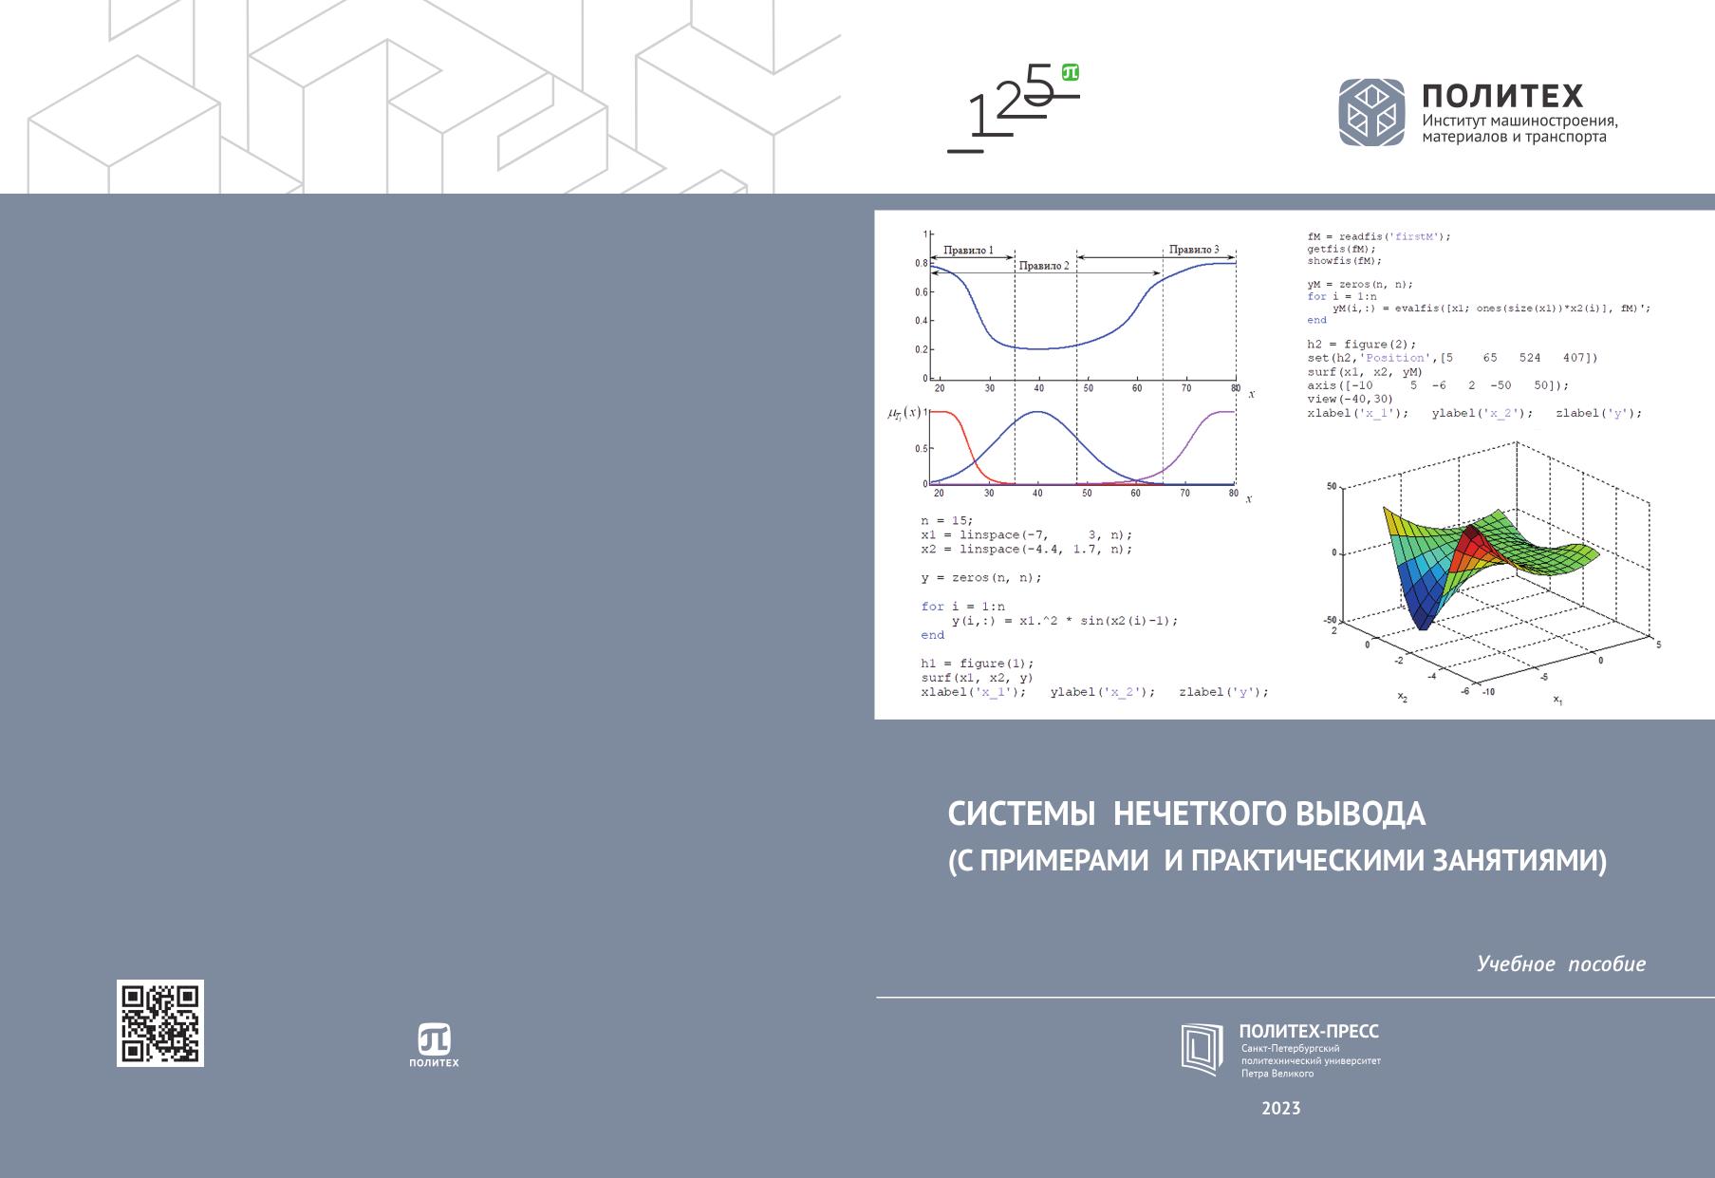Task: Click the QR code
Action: pyautogui.click(x=159, y=1023)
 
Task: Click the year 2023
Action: pyautogui.click(x=1281, y=1108)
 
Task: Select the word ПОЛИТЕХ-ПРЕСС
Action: pyautogui.click(x=1309, y=1032)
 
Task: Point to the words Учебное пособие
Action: pyautogui.click(x=1561, y=964)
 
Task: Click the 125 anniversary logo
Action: pyautogui.click(x=1014, y=108)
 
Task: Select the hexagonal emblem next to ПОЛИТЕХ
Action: pyautogui.click(x=1371, y=112)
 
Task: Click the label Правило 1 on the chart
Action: pyautogui.click(x=968, y=252)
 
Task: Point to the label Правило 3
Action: pyautogui.click(x=1194, y=250)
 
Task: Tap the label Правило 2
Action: pyautogui.click(x=1044, y=266)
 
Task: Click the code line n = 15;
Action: pyautogui.click(x=946, y=521)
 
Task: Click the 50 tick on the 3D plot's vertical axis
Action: pyautogui.click(x=1332, y=487)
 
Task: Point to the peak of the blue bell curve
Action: pyautogui.click(x=1038, y=412)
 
